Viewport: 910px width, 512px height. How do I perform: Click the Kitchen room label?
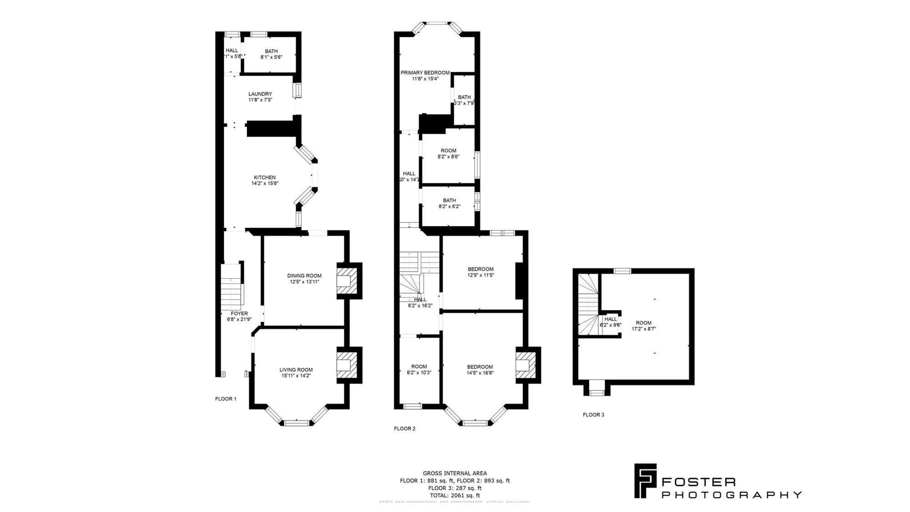click(264, 177)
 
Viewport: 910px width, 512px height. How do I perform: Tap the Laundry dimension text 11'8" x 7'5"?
click(260, 100)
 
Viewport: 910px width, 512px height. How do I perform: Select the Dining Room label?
click(304, 276)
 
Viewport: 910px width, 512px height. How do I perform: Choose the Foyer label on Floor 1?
click(239, 314)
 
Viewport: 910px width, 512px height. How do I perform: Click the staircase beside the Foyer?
click(231, 287)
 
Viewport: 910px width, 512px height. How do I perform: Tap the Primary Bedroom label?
click(425, 73)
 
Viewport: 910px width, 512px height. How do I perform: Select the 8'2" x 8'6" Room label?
click(448, 151)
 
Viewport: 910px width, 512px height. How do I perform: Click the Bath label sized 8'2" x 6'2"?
click(449, 200)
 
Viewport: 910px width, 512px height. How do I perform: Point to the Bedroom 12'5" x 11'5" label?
click(480, 269)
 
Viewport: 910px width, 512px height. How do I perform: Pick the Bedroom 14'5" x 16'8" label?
click(480, 367)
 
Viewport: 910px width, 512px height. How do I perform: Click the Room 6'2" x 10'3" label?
click(419, 366)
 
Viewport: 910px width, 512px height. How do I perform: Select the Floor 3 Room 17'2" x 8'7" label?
click(643, 323)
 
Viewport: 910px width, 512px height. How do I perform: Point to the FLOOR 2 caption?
click(404, 428)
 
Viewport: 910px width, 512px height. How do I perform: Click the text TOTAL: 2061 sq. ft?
click(455, 495)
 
